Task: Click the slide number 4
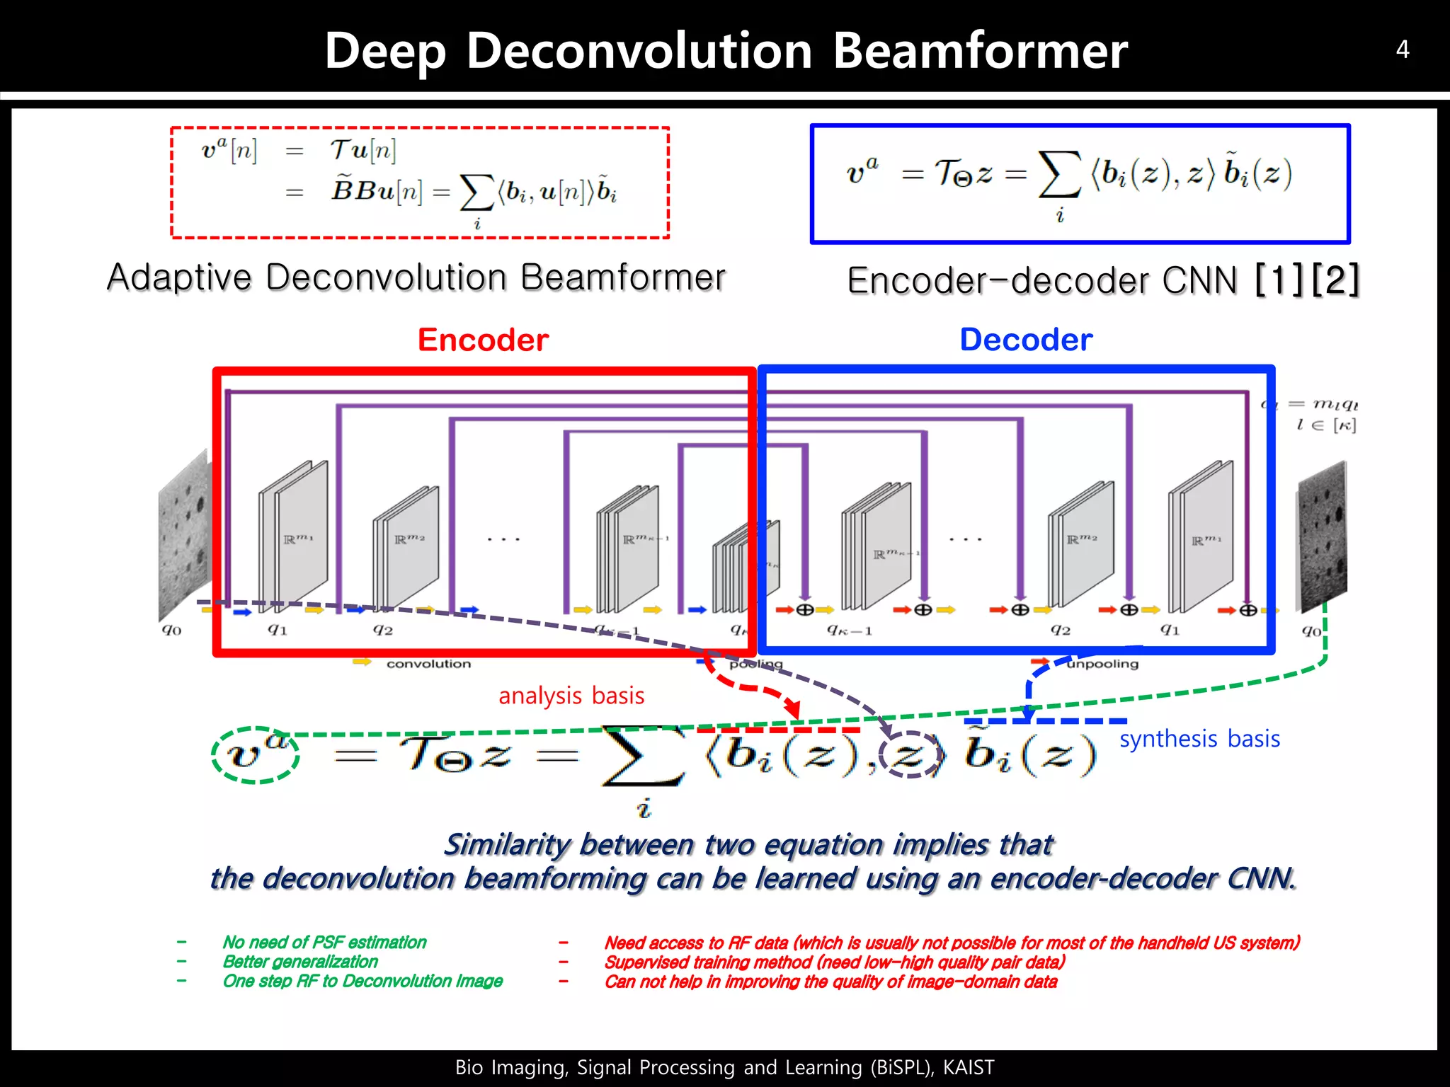click(1402, 50)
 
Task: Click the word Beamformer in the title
click(980, 51)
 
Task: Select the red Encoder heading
click(483, 340)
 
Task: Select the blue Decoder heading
click(1026, 340)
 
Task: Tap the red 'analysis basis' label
click(571, 696)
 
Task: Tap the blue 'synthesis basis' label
click(1199, 739)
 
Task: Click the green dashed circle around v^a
click(256, 754)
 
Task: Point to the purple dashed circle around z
click(912, 754)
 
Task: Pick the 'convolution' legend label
click(428, 664)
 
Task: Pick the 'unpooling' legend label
click(1102, 664)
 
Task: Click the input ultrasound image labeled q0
click(184, 534)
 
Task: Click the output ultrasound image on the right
click(1322, 534)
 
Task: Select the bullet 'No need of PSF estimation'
click(324, 942)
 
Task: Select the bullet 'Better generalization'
click(300, 962)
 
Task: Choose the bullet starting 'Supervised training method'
click(834, 962)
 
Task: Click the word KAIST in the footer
click(969, 1067)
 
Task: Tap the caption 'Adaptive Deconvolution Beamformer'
click(416, 277)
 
